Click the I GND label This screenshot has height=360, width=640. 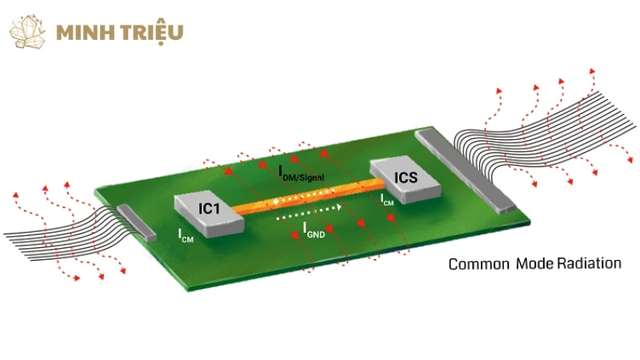tap(314, 230)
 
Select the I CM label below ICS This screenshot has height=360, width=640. tap(387, 200)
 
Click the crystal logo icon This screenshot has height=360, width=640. tap(29, 30)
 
